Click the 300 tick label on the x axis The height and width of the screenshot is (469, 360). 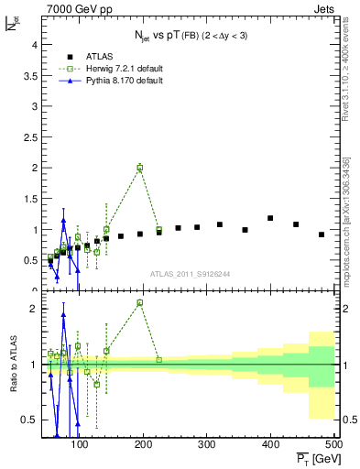(x=207, y=445)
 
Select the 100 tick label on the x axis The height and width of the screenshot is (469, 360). (x=80, y=445)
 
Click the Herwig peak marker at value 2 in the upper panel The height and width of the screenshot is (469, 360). (x=139, y=168)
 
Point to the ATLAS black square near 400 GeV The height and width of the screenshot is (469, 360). (x=270, y=218)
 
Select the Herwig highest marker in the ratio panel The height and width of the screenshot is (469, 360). (x=139, y=302)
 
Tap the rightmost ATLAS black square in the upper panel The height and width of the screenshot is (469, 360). (x=322, y=234)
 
